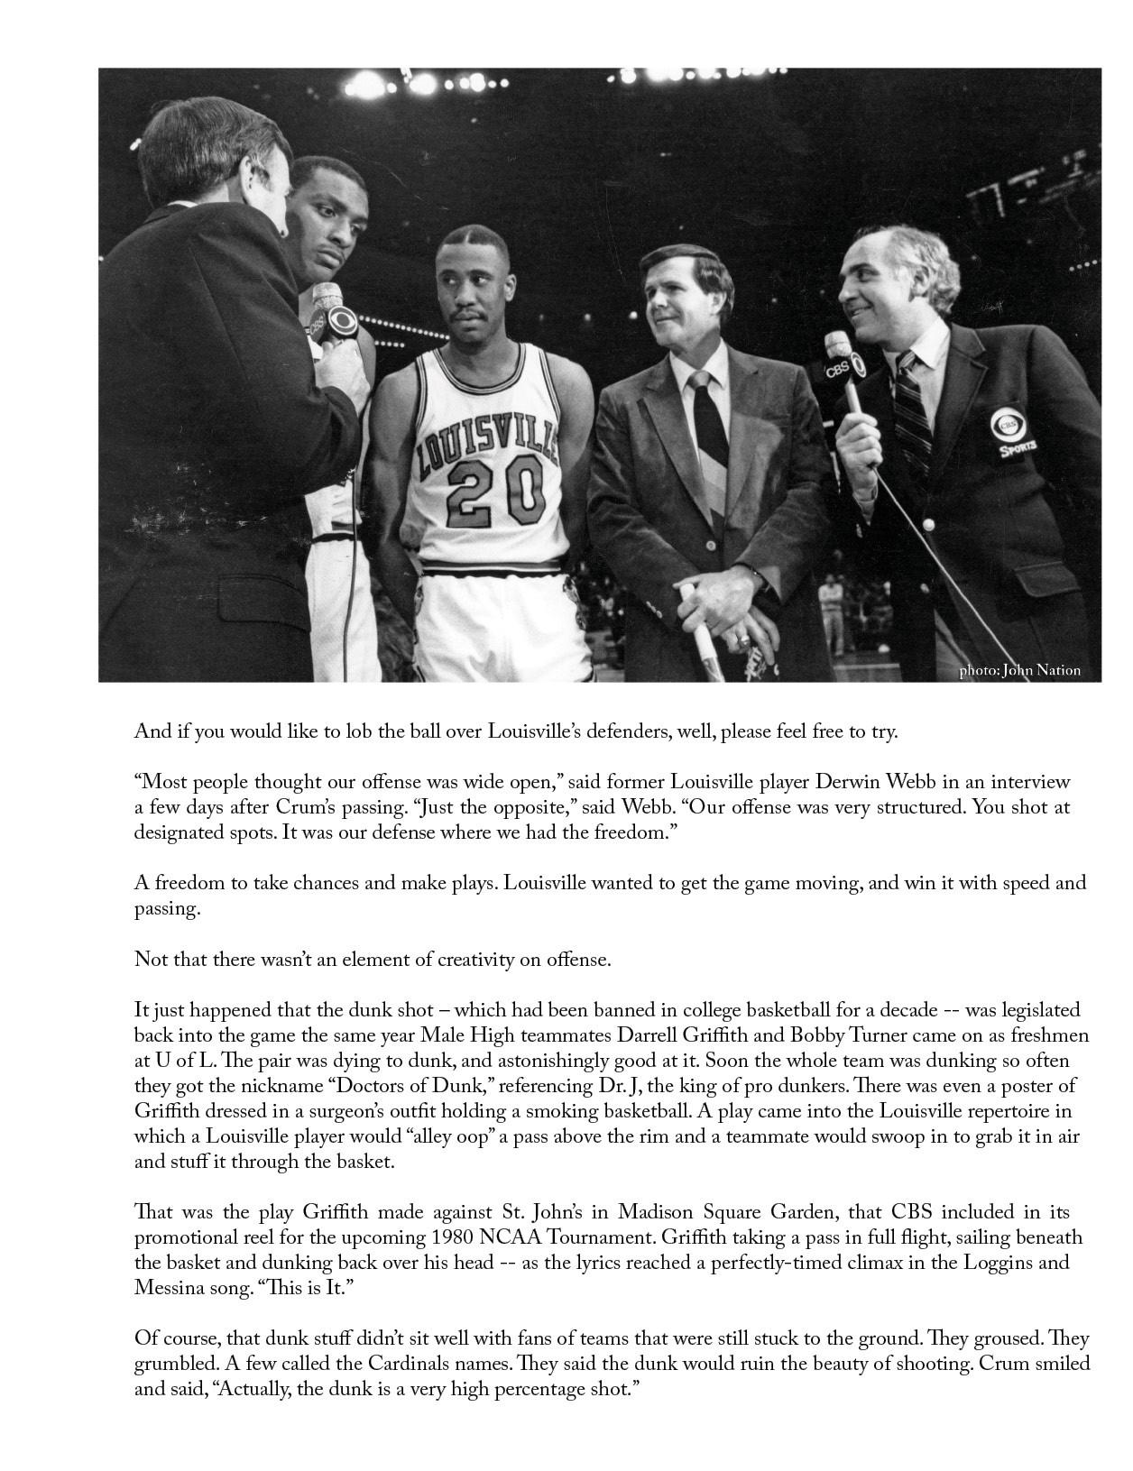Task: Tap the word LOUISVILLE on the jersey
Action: [x=486, y=439]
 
